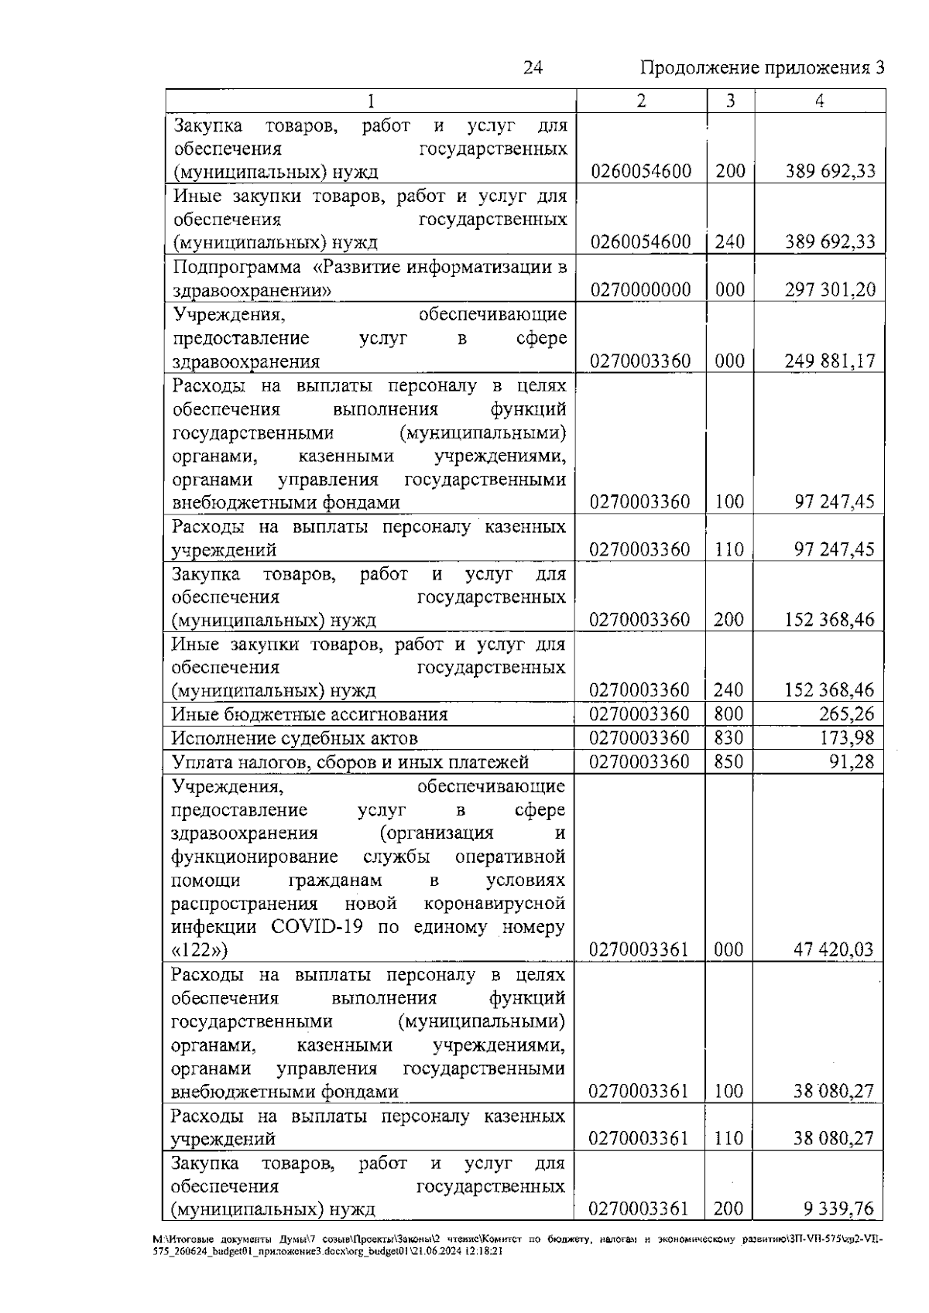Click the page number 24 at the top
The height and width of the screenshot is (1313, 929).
[533, 68]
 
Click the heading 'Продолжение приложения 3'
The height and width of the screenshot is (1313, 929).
[762, 68]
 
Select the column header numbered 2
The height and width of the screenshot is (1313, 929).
[641, 101]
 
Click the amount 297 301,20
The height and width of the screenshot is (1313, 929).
[830, 290]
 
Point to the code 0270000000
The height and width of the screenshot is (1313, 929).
[640, 290]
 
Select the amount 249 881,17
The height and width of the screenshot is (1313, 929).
[830, 361]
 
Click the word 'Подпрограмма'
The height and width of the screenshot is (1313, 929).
[236, 268]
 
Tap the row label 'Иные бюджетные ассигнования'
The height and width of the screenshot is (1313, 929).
[310, 714]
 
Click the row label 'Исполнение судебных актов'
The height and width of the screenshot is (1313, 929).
[295, 738]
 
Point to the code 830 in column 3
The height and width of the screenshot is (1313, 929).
[728, 738]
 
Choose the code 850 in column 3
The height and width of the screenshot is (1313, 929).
[728, 762]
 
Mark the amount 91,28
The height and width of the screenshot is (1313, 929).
[851, 762]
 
